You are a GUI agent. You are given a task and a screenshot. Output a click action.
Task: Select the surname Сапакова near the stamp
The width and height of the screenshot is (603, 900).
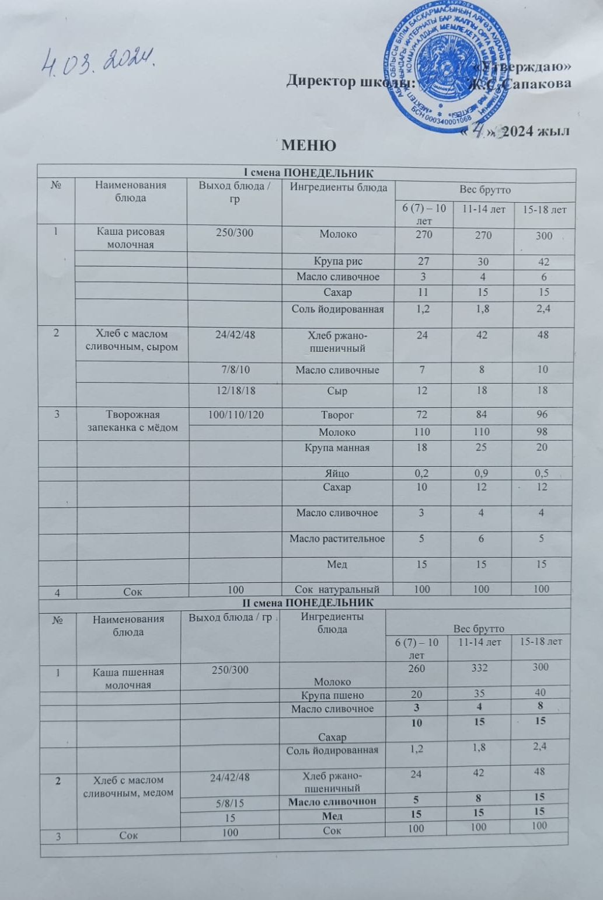pyautogui.click(x=537, y=84)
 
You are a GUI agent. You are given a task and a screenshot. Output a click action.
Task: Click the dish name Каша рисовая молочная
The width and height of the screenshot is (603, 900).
pyautogui.click(x=131, y=238)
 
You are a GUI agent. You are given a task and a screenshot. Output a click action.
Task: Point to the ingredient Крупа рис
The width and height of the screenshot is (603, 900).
pyautogui.click(x=337, y=262)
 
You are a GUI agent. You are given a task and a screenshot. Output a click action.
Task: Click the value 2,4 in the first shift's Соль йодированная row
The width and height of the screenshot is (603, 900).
pyautogui.click(x=543, y=309)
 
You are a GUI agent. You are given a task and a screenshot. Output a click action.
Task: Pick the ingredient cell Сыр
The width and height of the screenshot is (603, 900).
pyautogui.click(x=337, y=391)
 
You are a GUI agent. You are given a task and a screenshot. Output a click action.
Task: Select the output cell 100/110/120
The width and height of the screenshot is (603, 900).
pyautogui.click(x=235, y=415)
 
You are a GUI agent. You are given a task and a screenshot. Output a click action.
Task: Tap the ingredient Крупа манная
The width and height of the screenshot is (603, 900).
pyautogui.click(x=337, y=448)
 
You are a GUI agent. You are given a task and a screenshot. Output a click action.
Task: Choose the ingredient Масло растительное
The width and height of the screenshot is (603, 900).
pyautogui.click(x=337, y=538)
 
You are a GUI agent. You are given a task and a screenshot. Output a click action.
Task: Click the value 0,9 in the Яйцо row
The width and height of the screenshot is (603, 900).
pyautogui.click(x=482, y=474)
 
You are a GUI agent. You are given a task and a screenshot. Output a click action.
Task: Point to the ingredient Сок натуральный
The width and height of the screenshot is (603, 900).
pyautogui.click(x=337, y=590)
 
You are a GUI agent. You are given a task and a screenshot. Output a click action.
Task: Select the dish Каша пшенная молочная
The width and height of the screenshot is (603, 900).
pyautogui.click(x=128, y=678)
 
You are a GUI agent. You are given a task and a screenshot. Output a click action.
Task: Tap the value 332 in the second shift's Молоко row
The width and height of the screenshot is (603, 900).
pyautogui.click(x=479, y=668)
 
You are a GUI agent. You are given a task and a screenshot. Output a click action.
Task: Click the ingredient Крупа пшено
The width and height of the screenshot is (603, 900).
pyautogui.click(x=332, y=696)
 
